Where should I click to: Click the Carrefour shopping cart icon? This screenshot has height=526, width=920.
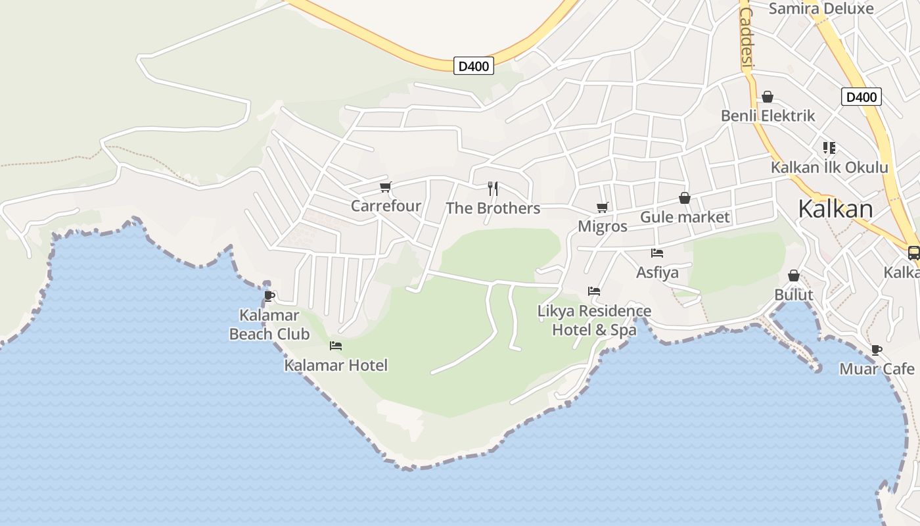(x=386, y=187)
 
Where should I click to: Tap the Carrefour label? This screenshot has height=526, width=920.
(x=386, y=206)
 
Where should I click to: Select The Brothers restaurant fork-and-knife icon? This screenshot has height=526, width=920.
(x=493, y=189)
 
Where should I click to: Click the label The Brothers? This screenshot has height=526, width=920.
(x=493, y=208)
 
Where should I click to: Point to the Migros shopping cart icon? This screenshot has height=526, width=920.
(x=602, y=208)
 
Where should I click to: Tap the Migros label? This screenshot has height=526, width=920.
(x=602, y=226)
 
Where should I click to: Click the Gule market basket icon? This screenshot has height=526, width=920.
(x=685, y=198)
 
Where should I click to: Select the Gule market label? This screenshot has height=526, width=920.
(x=685, y=217)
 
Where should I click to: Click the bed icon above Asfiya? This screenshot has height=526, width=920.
(x=657, y=253)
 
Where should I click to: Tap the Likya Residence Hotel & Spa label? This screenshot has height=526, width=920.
(x=594, y=320)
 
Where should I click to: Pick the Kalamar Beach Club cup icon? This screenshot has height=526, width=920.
(x=269, y=296)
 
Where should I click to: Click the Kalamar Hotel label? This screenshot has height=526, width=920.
(x=336, y=365)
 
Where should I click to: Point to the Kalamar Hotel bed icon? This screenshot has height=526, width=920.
(x=336, y=346)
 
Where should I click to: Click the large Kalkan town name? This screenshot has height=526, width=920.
(x=835, y=209)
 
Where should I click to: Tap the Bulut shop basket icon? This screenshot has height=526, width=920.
(x=794, y=275)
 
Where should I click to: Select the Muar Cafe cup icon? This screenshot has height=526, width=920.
(x=876, y=350)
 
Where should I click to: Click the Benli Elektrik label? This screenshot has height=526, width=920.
(x=768, y=116)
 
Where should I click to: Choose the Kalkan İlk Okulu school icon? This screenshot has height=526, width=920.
(x=829, y=148)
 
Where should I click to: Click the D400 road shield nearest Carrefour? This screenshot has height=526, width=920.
(x=473, y=66)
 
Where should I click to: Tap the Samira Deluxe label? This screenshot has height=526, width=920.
(x=821, y=9)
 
